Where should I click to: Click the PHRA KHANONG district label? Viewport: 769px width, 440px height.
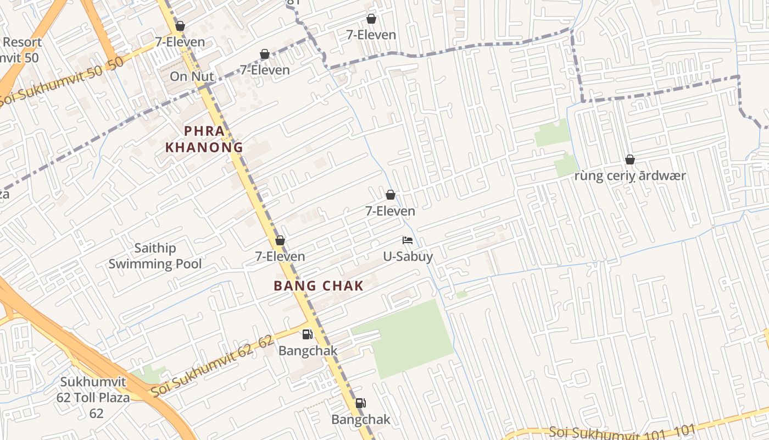tap(204, 139)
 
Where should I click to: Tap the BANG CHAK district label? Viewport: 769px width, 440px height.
tap(319, 285)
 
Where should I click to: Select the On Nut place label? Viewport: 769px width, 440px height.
tap(192, 76)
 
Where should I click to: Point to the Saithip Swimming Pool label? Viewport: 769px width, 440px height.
tap(155, 256)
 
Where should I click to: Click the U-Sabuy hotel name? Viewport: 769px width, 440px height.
tap(408, 256)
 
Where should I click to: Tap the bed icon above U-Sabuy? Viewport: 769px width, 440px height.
tap(408, 240)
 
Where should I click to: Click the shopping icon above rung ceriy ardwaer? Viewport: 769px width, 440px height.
tap(630, 160)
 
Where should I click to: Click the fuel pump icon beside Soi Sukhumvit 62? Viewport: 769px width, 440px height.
tap(308, 334)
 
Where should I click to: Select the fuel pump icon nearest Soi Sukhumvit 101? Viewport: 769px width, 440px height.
tap(360, 403)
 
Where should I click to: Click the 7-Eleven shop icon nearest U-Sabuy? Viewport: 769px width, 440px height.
tap(391, 195)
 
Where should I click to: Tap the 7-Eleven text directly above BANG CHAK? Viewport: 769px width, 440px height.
tap(280, 256)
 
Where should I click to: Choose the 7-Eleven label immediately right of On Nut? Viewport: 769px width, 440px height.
tap(265, 70)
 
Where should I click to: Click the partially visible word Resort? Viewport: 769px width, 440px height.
tap(22, 42)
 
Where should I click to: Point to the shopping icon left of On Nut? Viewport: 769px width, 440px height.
tap(180, 26)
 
